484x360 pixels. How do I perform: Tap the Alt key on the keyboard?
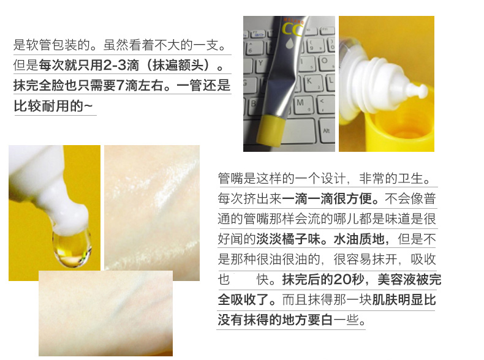[326, 130]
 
